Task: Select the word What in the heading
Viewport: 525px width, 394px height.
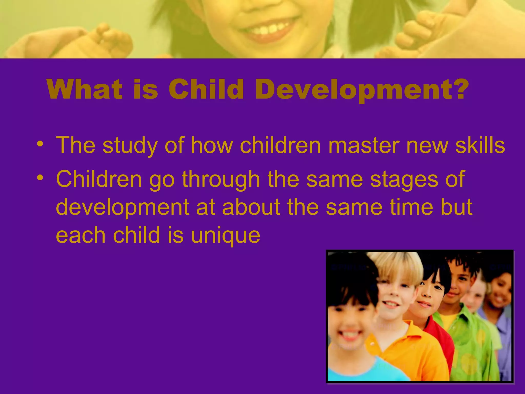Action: click(x=84, y=89)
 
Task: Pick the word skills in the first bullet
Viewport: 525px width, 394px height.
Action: click(x=480, y=145)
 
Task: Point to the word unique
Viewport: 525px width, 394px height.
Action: click(x=226, y=235)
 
